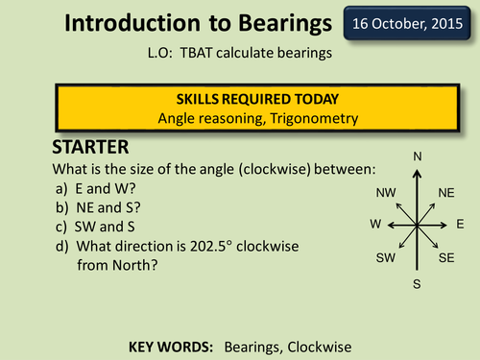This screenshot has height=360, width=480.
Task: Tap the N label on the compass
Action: click(x=417, y=156)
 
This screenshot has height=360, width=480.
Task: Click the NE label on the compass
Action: click(x=446, y=193)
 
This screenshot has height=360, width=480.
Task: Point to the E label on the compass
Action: click(x=460, y=224)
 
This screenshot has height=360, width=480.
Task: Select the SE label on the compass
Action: click(x=445, y=258)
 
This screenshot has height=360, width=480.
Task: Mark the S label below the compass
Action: click(x=417, y=284)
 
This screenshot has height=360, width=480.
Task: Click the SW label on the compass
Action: click(x=386, y=258)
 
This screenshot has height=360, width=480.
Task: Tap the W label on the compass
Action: click(x=375, y=224)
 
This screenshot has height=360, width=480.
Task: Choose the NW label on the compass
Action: click(x=387, y=193)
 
